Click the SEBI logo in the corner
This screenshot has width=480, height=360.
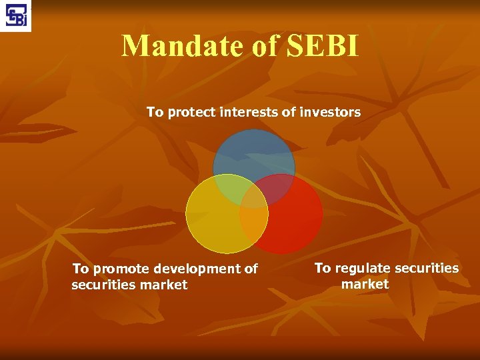coord(15,15)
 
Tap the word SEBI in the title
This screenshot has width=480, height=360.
coord(322,46)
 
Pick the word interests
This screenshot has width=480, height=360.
coord(246,113)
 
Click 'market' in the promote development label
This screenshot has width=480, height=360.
coord(163,285)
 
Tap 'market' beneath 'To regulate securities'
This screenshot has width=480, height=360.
coord(365,284)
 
